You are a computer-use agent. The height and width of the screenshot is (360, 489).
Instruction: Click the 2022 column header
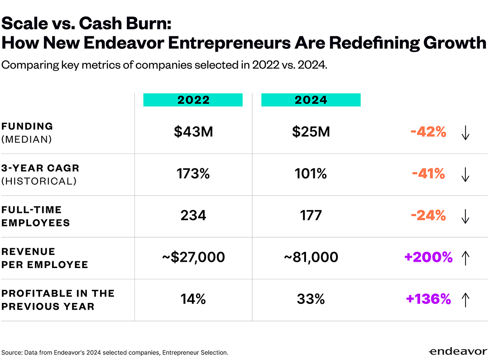[x=193, y=100]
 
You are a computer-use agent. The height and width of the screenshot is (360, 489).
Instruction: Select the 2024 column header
[x=311, y=100]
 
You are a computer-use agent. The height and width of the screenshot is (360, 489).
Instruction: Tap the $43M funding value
[x=193, y=132]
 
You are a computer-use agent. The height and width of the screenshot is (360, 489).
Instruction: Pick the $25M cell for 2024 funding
[x=311, y=132]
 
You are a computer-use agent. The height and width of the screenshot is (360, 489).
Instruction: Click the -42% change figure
[x=428, y=132]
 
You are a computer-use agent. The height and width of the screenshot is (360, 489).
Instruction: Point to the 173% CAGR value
[x=193, y=173]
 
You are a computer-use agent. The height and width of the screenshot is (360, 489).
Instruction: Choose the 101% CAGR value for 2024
[x=311, y=173]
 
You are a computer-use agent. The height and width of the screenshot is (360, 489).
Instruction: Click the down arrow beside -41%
[x=465, y=174]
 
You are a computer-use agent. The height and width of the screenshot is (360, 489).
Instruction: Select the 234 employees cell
[x=193, y=215]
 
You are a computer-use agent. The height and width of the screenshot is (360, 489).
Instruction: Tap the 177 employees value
[x=311, y=215]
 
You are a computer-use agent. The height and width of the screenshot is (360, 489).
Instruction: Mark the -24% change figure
[x=428, y=215]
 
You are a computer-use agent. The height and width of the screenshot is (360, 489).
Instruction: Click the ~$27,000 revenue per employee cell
[x=193, y=257]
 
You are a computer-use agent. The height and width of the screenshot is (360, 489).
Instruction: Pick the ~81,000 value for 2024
[x=311, y=257]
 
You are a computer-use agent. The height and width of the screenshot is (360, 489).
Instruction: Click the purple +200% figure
[x=428, y=257]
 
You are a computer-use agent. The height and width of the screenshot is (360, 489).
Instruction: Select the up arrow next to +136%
[x=465, y=300]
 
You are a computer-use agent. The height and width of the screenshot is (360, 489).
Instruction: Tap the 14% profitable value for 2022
[x=193, y=299]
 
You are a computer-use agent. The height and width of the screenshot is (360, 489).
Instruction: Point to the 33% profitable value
[x=311, y=299]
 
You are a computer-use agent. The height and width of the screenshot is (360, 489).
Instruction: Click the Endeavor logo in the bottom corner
[x=457, y=351]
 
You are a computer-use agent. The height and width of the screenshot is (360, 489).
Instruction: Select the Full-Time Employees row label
[x=35, y=216]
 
